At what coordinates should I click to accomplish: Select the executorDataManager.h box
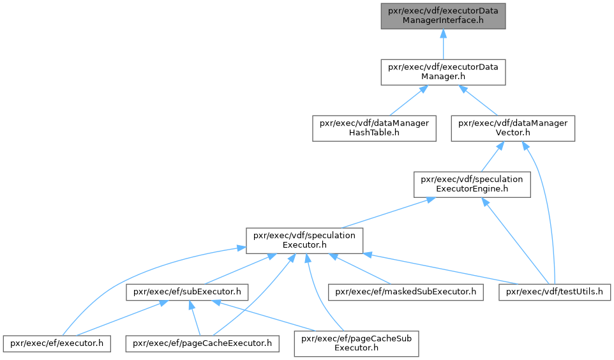443,71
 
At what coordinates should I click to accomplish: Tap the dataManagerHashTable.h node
374,128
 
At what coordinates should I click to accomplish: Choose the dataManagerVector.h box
513,128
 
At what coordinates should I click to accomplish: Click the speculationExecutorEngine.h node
472,183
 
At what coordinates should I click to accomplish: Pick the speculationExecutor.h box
305,239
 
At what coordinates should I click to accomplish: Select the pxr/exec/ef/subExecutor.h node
187,292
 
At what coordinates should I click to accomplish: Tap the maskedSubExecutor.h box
405,292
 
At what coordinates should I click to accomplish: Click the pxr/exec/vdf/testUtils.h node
554,292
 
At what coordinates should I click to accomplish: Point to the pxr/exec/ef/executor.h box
57,343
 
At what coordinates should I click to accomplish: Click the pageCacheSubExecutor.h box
356,343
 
